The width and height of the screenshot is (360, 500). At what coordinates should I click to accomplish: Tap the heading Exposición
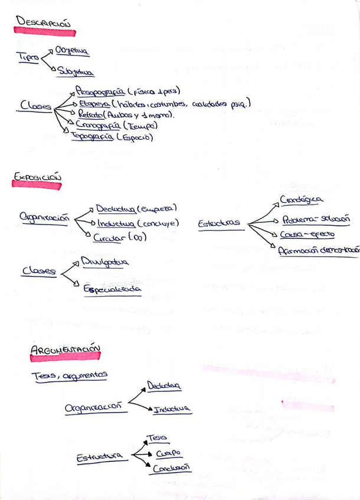[x=37, y=177]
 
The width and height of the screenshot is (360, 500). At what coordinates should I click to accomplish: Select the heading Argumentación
[x=65, y=351]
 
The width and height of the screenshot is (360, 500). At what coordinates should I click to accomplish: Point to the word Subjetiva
[x=76, y=72]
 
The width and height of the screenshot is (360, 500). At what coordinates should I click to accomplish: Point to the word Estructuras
[x=219, y=223]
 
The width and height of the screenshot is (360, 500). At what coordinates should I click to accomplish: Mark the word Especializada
[x=112, y=290]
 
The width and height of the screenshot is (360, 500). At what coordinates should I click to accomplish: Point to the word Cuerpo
[x=168, y=453]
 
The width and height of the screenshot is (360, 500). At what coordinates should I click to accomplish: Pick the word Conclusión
[x=171, y=468]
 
